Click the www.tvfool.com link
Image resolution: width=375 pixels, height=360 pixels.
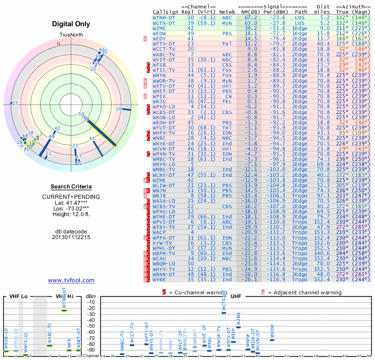(71, 280)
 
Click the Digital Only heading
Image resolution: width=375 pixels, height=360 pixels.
(71, 23)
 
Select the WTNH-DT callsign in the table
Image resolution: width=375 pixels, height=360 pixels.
(165, 17)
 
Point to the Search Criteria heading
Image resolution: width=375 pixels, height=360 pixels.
(71, 187)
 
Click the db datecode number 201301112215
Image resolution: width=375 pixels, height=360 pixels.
(71, 237)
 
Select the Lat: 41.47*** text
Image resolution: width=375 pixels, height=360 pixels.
(71, 202)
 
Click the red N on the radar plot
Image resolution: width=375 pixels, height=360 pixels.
(59, 44)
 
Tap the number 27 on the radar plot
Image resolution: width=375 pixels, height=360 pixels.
(15, 103)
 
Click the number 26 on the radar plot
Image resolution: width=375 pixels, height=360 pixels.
(119, 109)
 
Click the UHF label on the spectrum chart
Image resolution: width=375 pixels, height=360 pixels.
(236, 297)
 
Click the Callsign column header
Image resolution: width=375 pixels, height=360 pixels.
(166, 12)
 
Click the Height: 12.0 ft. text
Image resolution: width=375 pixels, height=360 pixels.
(71, 215)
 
